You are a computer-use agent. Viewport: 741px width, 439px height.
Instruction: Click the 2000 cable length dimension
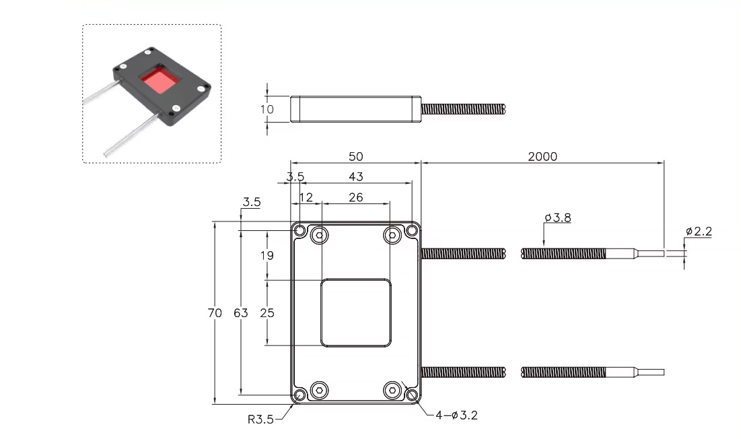coord(542,156)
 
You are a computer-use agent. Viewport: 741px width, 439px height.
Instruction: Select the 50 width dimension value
coord(355,156)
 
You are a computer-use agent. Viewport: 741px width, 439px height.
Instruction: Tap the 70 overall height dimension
coord(215,313)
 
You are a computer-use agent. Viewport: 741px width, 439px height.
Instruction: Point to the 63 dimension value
coord(240,313)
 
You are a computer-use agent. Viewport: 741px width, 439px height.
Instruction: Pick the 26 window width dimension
coord(356,197)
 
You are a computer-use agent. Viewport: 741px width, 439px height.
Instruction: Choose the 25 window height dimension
coord(267,313)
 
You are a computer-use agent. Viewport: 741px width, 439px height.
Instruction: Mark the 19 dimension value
coord(267,256)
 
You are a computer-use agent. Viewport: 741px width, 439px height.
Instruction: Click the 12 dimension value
coord(306,197)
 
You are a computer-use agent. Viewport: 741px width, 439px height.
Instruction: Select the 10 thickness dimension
coord(267,109)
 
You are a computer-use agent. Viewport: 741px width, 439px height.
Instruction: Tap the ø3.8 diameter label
coord(557,217)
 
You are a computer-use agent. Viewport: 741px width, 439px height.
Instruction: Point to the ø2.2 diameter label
coord(698,232)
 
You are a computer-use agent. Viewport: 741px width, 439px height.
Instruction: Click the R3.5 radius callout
coord(260,419)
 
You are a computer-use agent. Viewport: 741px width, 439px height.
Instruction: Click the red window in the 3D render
coord(161,81)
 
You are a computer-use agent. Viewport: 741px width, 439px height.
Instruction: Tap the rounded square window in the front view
coord(355,313)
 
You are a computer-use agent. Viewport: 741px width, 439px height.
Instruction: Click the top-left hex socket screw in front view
coord(320,235)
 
